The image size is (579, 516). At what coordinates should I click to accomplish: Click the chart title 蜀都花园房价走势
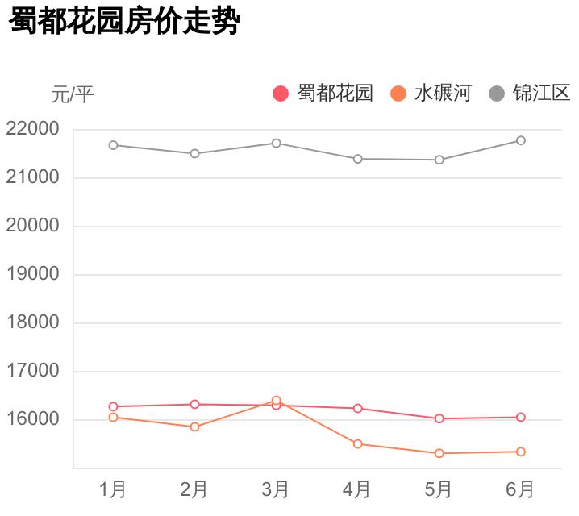pos(125,22)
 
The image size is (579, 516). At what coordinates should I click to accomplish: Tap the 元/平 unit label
pos(73,94)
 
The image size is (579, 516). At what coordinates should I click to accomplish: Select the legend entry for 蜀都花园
pos(323,93)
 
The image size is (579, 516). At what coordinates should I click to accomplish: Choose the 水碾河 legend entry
pos(431,93)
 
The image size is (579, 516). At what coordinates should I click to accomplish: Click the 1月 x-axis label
pos(113,489)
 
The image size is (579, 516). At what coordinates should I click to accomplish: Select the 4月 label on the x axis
pos(357,489)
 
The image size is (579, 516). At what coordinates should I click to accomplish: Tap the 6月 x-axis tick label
pos(520,489)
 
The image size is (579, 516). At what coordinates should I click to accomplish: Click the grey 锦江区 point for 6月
pos(521,140)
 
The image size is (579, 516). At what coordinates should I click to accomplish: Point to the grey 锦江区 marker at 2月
pos(194,153)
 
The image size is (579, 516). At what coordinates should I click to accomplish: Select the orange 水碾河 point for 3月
pos(276,401)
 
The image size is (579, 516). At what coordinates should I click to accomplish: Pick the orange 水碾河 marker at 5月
pos(439,453)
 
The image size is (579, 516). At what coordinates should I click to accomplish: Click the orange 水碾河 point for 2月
pos(194,427)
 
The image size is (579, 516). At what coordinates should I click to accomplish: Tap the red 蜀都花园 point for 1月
pos(113,406)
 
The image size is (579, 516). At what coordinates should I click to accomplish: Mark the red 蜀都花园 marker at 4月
pos(357,408)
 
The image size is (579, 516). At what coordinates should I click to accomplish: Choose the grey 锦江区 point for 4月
pos(357,159)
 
